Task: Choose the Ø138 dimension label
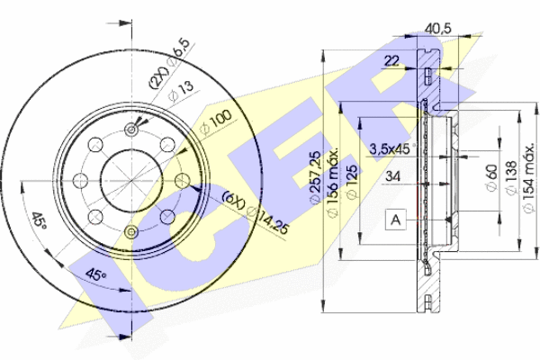tap(508, 176)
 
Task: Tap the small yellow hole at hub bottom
tap(132, 231)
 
